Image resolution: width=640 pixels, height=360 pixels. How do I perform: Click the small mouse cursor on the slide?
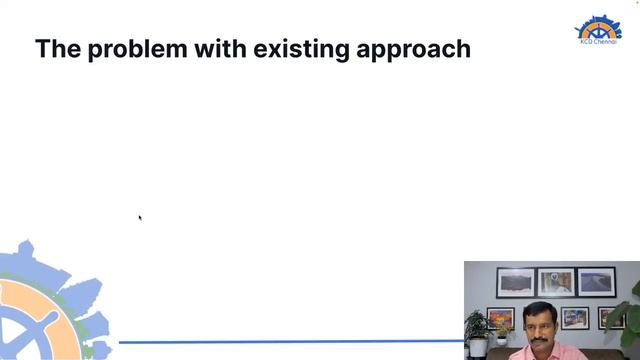tap(140, 216)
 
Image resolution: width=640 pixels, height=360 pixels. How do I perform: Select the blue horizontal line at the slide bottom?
tap(290, 342)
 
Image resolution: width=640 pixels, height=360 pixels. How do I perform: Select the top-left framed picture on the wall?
tap(516, 283)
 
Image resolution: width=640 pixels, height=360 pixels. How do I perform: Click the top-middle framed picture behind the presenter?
tap(555, 282)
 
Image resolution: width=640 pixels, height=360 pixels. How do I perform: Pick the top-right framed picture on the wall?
tap(596, 281)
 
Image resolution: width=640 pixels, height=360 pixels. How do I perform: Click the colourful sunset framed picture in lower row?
tap(500, 318)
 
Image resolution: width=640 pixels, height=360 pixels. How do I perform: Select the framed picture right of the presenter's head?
tap(574, 318)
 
